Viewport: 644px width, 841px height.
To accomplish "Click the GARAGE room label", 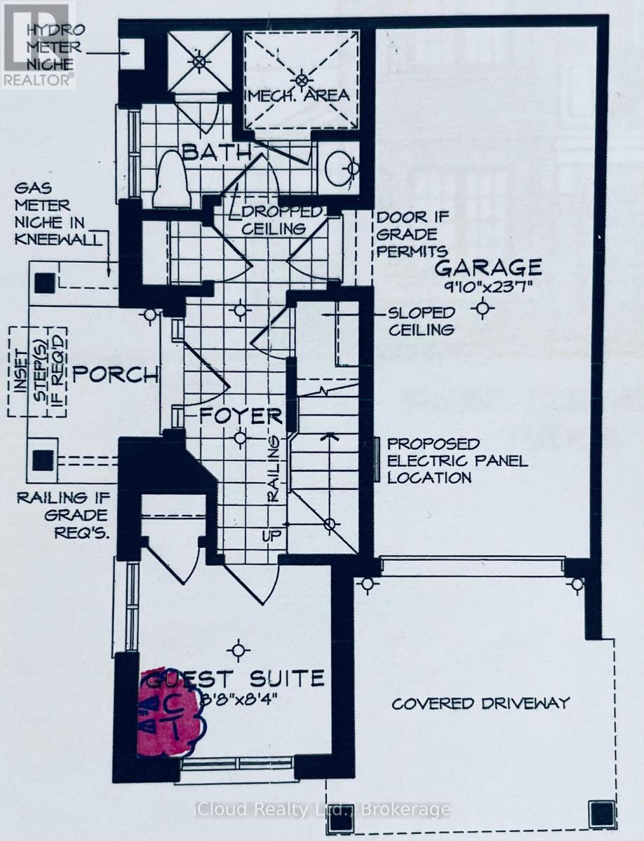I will [x=488, y=267].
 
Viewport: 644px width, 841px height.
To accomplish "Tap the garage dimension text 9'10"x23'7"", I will [x=488, y=286].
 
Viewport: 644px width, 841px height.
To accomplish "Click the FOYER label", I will [x=241, y=416].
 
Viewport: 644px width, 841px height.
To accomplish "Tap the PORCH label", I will [x=116, y=374].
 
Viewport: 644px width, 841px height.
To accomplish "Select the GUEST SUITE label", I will [x=239, y=678].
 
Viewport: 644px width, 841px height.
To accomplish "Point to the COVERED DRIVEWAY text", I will [x=481, y=703].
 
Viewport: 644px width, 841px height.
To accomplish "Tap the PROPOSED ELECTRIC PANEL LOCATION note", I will [x=434, y=460].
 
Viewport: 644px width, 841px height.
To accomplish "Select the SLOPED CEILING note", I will [x=424, y=321].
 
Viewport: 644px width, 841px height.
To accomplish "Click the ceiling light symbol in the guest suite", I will [x=240, y=650].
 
